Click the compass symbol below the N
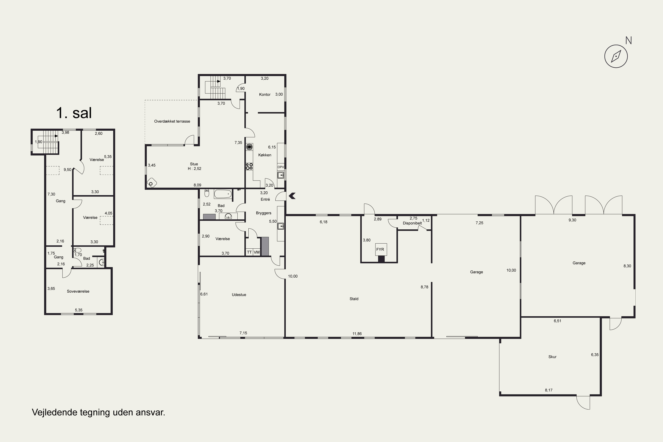point(616,56)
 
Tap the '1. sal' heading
point(74,113)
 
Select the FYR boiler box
point(381,250)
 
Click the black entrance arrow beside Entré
point(292,196)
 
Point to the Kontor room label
point(265,94)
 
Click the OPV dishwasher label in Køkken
point(281,167)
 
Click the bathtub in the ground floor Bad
point(223,194)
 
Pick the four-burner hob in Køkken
point(249,166)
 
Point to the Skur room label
point(552,357)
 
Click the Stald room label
point(354,299)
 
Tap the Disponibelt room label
point(412,223)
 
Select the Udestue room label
point(239,295)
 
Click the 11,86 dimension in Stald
point(357,334)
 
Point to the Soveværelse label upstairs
point(78,291)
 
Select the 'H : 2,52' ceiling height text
point(194,169)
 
